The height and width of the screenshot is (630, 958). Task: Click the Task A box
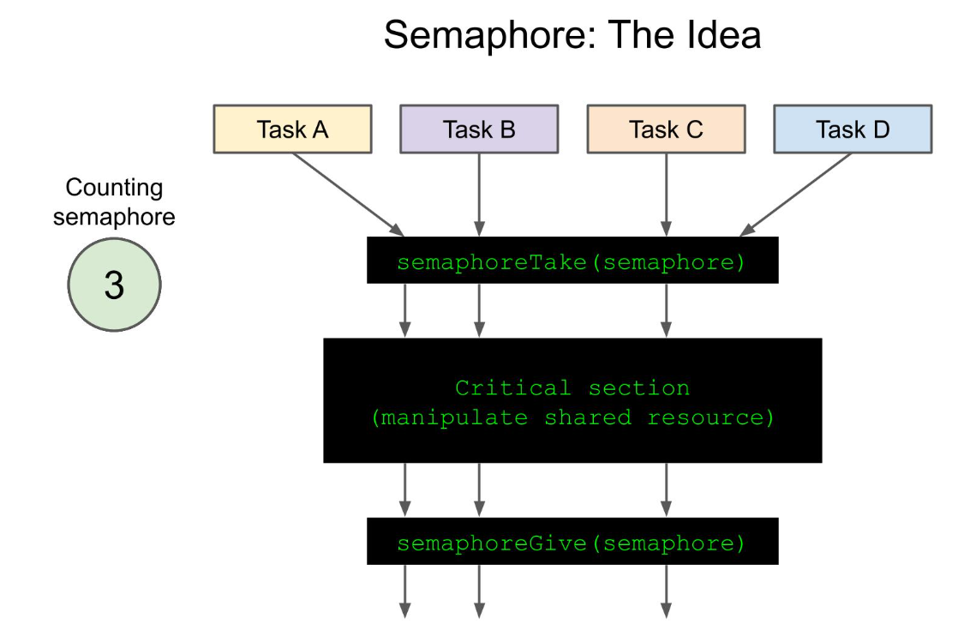pyautogui.click(x=293, y=129)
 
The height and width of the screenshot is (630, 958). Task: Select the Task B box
pyautogui.click(x=479, y=129)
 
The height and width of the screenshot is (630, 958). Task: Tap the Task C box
pyautogui.click(x=666, y=129)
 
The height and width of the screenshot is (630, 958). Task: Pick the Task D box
pyautogui.click(x=853, y=129)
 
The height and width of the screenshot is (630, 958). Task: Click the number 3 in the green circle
pyautogui.click(x=114, y=285)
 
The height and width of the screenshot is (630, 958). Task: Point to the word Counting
pyautogui.click(x=114, y=188)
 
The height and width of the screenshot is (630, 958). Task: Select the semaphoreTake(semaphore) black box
pyautogui.click(x=572, y=261)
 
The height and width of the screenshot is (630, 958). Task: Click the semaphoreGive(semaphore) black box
pyautogui.click(x=572, y=542)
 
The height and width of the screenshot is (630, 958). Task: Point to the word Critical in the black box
pyautogui.click(x=512, y=388)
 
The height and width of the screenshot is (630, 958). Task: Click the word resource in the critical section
pyautogui.click(x=705, y=418)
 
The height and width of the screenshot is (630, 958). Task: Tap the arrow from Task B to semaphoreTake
pyautogui.click(x=479, y=195)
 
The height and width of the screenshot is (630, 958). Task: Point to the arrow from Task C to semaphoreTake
pyautogui.click(x=666, y=195)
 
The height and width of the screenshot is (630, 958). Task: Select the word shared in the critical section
pyautogui.click(x=588, y=418)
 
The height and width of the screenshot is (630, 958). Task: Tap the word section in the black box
pyautogui.click(x=639, y=388)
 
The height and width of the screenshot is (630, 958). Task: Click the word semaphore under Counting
pyautogui.click(x=114, y=218)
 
